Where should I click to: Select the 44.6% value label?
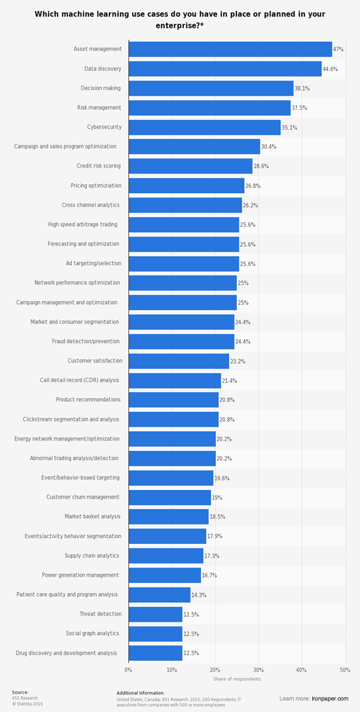[331, 69]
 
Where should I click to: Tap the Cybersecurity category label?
[103, 127]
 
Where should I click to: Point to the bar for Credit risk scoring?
[190, 166]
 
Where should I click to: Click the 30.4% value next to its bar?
[269, 147]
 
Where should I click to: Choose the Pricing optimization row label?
[96, 186]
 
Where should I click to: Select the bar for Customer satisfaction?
[179, 361]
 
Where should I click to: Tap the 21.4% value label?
[230, 381]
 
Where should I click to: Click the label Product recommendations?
[88, 400]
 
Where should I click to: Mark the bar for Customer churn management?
[170, 497]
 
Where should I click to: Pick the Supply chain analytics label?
[92, 556]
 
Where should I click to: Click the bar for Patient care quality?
[160, 595]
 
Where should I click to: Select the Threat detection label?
[100, 614]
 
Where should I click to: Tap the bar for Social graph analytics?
[156, 633]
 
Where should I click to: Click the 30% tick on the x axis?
[258, 669]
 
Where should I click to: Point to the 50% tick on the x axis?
[344, 669]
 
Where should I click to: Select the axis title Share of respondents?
[236, 679]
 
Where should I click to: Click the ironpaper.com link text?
[331, 698]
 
